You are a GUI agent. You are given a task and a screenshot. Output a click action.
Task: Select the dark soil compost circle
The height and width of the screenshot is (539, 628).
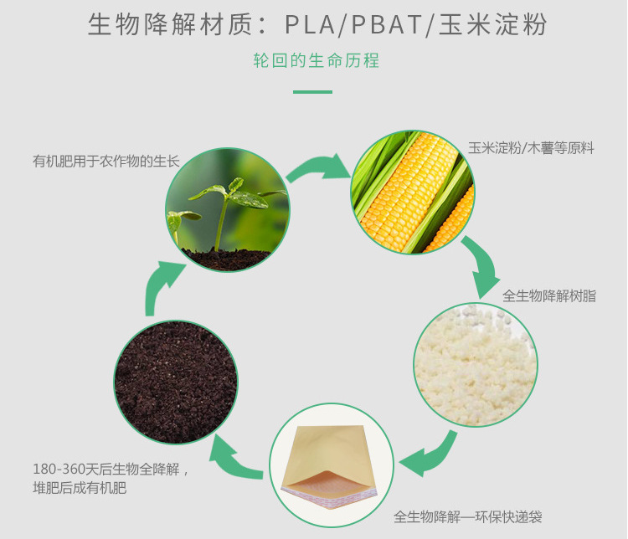[x=175, y=382]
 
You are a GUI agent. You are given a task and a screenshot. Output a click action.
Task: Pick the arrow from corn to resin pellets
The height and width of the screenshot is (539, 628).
[x=484, y=267]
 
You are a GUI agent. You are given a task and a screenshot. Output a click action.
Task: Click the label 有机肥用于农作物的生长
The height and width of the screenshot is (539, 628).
[x=106, y=160]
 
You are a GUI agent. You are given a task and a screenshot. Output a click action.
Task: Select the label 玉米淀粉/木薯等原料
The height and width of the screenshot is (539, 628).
[x=531, y=148]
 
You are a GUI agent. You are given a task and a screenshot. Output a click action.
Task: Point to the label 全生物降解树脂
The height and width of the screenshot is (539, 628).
[x=549, y=295]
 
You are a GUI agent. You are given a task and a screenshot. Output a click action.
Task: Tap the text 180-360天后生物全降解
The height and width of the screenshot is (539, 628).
[x=112, y=470]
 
